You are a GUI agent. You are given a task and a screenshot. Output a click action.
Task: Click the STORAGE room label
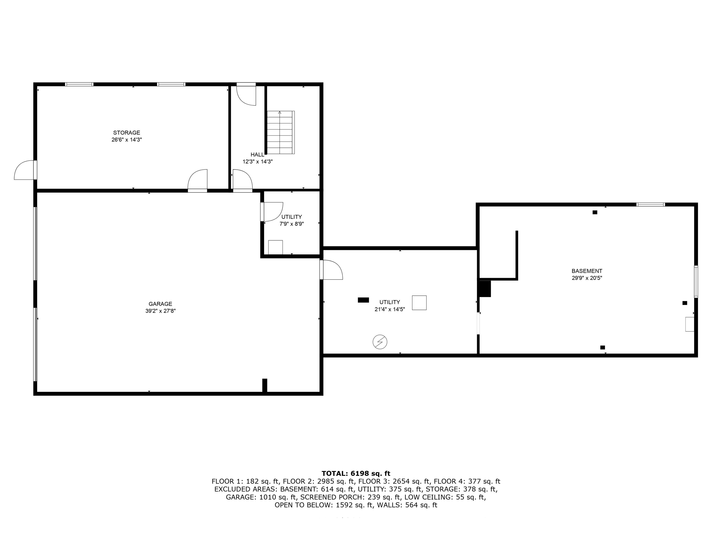pyautogui.click(x=127, y=133)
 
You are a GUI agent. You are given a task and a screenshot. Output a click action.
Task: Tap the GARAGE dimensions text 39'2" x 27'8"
pyautogui.click(x=160, y=311)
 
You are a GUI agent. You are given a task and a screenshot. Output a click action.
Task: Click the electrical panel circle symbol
pyautogui.click(x=380, y=342)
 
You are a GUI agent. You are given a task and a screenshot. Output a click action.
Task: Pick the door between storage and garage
pyautogui.click(x=197, y=181)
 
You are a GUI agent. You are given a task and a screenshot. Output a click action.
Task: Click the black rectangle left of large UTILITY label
pyautogui.click(x=363, y=300)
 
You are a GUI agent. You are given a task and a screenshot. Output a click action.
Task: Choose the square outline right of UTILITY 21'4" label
pyautogui.click(x=419, y=302)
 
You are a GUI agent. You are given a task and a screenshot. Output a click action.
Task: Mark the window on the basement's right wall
pyautogui.click(x=696, y=281)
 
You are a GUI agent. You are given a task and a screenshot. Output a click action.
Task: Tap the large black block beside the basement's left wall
pyautogui.click(x=485, y=289)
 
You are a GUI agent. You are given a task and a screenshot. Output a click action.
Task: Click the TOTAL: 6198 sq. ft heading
pyautogui.click(x=356, y=474)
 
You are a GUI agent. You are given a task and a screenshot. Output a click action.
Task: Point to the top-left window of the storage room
pyautogui.click(x=79, y=84)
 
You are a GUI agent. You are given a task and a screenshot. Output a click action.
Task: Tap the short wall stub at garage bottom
pyautogui.click(x=265, y=385)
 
